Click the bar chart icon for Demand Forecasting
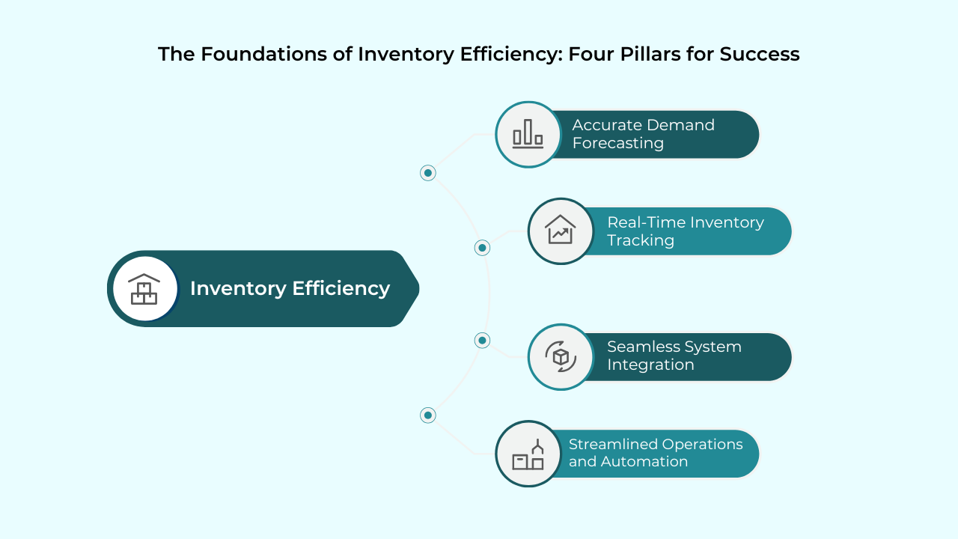click(x=528, y=135)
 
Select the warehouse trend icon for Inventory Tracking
click(x=561, y=231)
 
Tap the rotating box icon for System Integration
click(x=561, y=356)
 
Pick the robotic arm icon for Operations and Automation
click(x=528, y=454)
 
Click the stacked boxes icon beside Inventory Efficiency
click(x=144, y=289)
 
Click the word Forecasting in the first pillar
click(x=618, y=143)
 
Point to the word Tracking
click(x=641, y=240)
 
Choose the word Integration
click(x=650, y=365)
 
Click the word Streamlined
click(x=611, y=444)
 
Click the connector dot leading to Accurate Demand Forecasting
click(x=428, y=173)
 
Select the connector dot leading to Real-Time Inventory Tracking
click(x=483, y=248)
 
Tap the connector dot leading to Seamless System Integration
click(x=483, y=341)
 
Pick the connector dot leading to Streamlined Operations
click(x=428, y=415)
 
